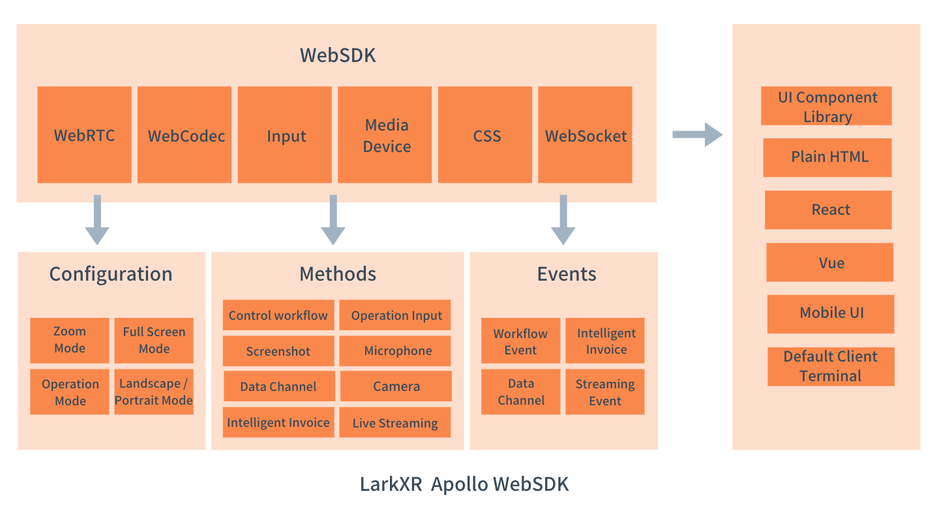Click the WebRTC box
[84, 135]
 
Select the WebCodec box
[185, 135]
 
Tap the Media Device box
[385, 135]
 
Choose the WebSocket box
[585, 135]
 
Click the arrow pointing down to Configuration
[97, 219]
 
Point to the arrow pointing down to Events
[563, 219]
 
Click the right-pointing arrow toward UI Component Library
[697, 134]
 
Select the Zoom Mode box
[70, 340]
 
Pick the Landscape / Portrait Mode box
[154, 392]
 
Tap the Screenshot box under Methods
[278, 351]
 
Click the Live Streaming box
[395, 423]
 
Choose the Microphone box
[395, 351]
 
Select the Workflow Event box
[520, 341]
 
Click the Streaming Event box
[605, 392]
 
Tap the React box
[828, 210]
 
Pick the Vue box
[829, 262]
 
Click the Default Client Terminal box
[831, 366]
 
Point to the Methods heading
[338, 273]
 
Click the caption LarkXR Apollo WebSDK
[464, 484]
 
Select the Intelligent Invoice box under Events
[605, 341]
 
